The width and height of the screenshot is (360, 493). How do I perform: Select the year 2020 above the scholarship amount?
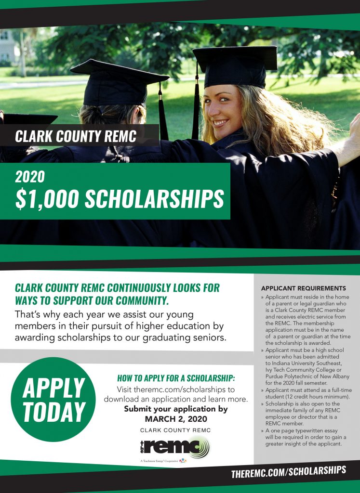click(x=30, y=177)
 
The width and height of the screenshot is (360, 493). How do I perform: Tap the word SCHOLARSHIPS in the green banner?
click(x=155, y=199)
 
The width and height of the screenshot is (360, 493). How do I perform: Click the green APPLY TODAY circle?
click(x=53, y=400)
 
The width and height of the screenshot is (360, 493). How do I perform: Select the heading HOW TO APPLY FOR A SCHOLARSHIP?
click(x=176, y=378)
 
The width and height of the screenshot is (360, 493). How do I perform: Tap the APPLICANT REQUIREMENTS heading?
click(x=304, y=288)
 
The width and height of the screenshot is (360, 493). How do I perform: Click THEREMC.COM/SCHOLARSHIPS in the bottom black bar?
click(x=288, y=471)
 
